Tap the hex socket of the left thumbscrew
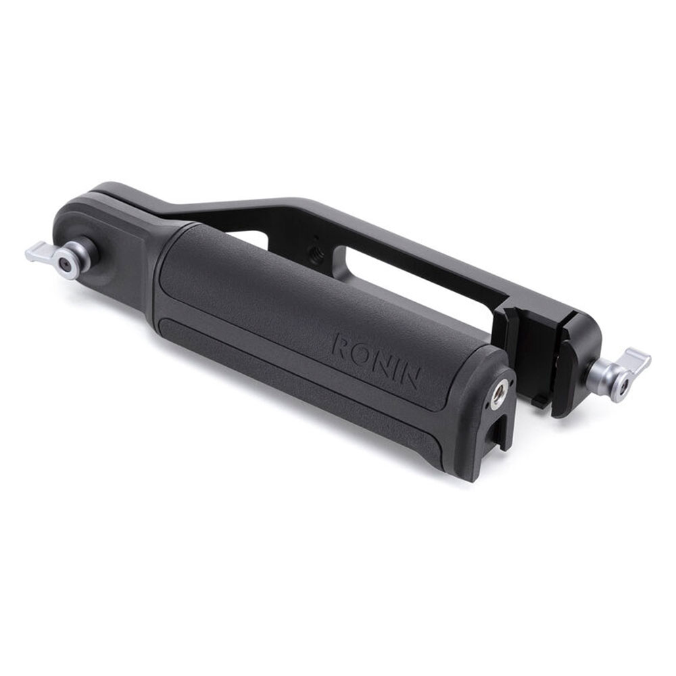pos(66,264)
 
